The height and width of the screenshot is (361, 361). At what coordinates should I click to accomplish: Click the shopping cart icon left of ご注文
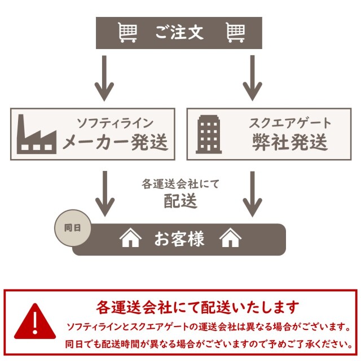(x=128, y=33)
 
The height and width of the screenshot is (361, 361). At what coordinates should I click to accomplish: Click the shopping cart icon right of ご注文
(x=235, y=33)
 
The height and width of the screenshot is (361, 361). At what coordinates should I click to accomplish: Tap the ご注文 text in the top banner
(x=179, y=33)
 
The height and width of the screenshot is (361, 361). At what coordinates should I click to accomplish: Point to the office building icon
(x=209, y=134)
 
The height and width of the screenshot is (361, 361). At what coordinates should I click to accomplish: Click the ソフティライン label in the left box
(x=115, y=122)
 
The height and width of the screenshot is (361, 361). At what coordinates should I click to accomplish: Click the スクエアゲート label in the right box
(x=290, y=122)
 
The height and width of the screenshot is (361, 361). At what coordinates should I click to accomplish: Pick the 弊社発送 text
(x=290, y=142)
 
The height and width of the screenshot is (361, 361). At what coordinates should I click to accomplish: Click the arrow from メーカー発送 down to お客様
(x=103, y=193)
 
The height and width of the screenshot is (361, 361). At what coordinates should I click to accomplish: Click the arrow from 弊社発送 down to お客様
(x=252, y=193)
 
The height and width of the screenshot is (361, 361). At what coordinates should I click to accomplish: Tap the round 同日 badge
(x=72, y=228)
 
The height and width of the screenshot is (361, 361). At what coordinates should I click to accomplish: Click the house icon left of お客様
(x=130, y=239)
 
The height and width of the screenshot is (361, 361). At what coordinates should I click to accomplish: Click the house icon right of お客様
(x=230, y=239)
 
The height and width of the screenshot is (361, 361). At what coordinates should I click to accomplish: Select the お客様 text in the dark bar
(x=179, y=239)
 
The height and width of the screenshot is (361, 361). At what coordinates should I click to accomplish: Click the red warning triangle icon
(x=36, y=322)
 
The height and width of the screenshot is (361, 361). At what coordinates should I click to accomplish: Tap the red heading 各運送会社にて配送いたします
(x=197, y=307)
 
